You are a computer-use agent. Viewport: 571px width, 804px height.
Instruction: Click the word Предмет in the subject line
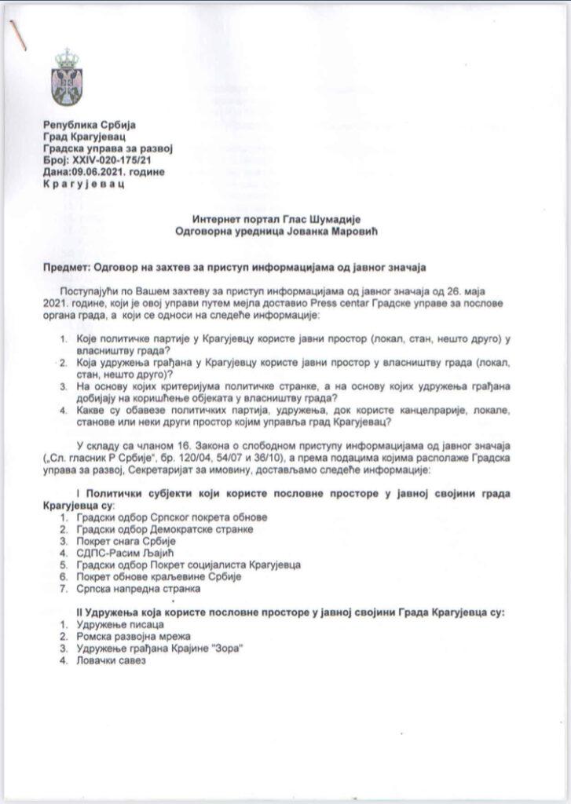pyautogui.click(x=65, y=269)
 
